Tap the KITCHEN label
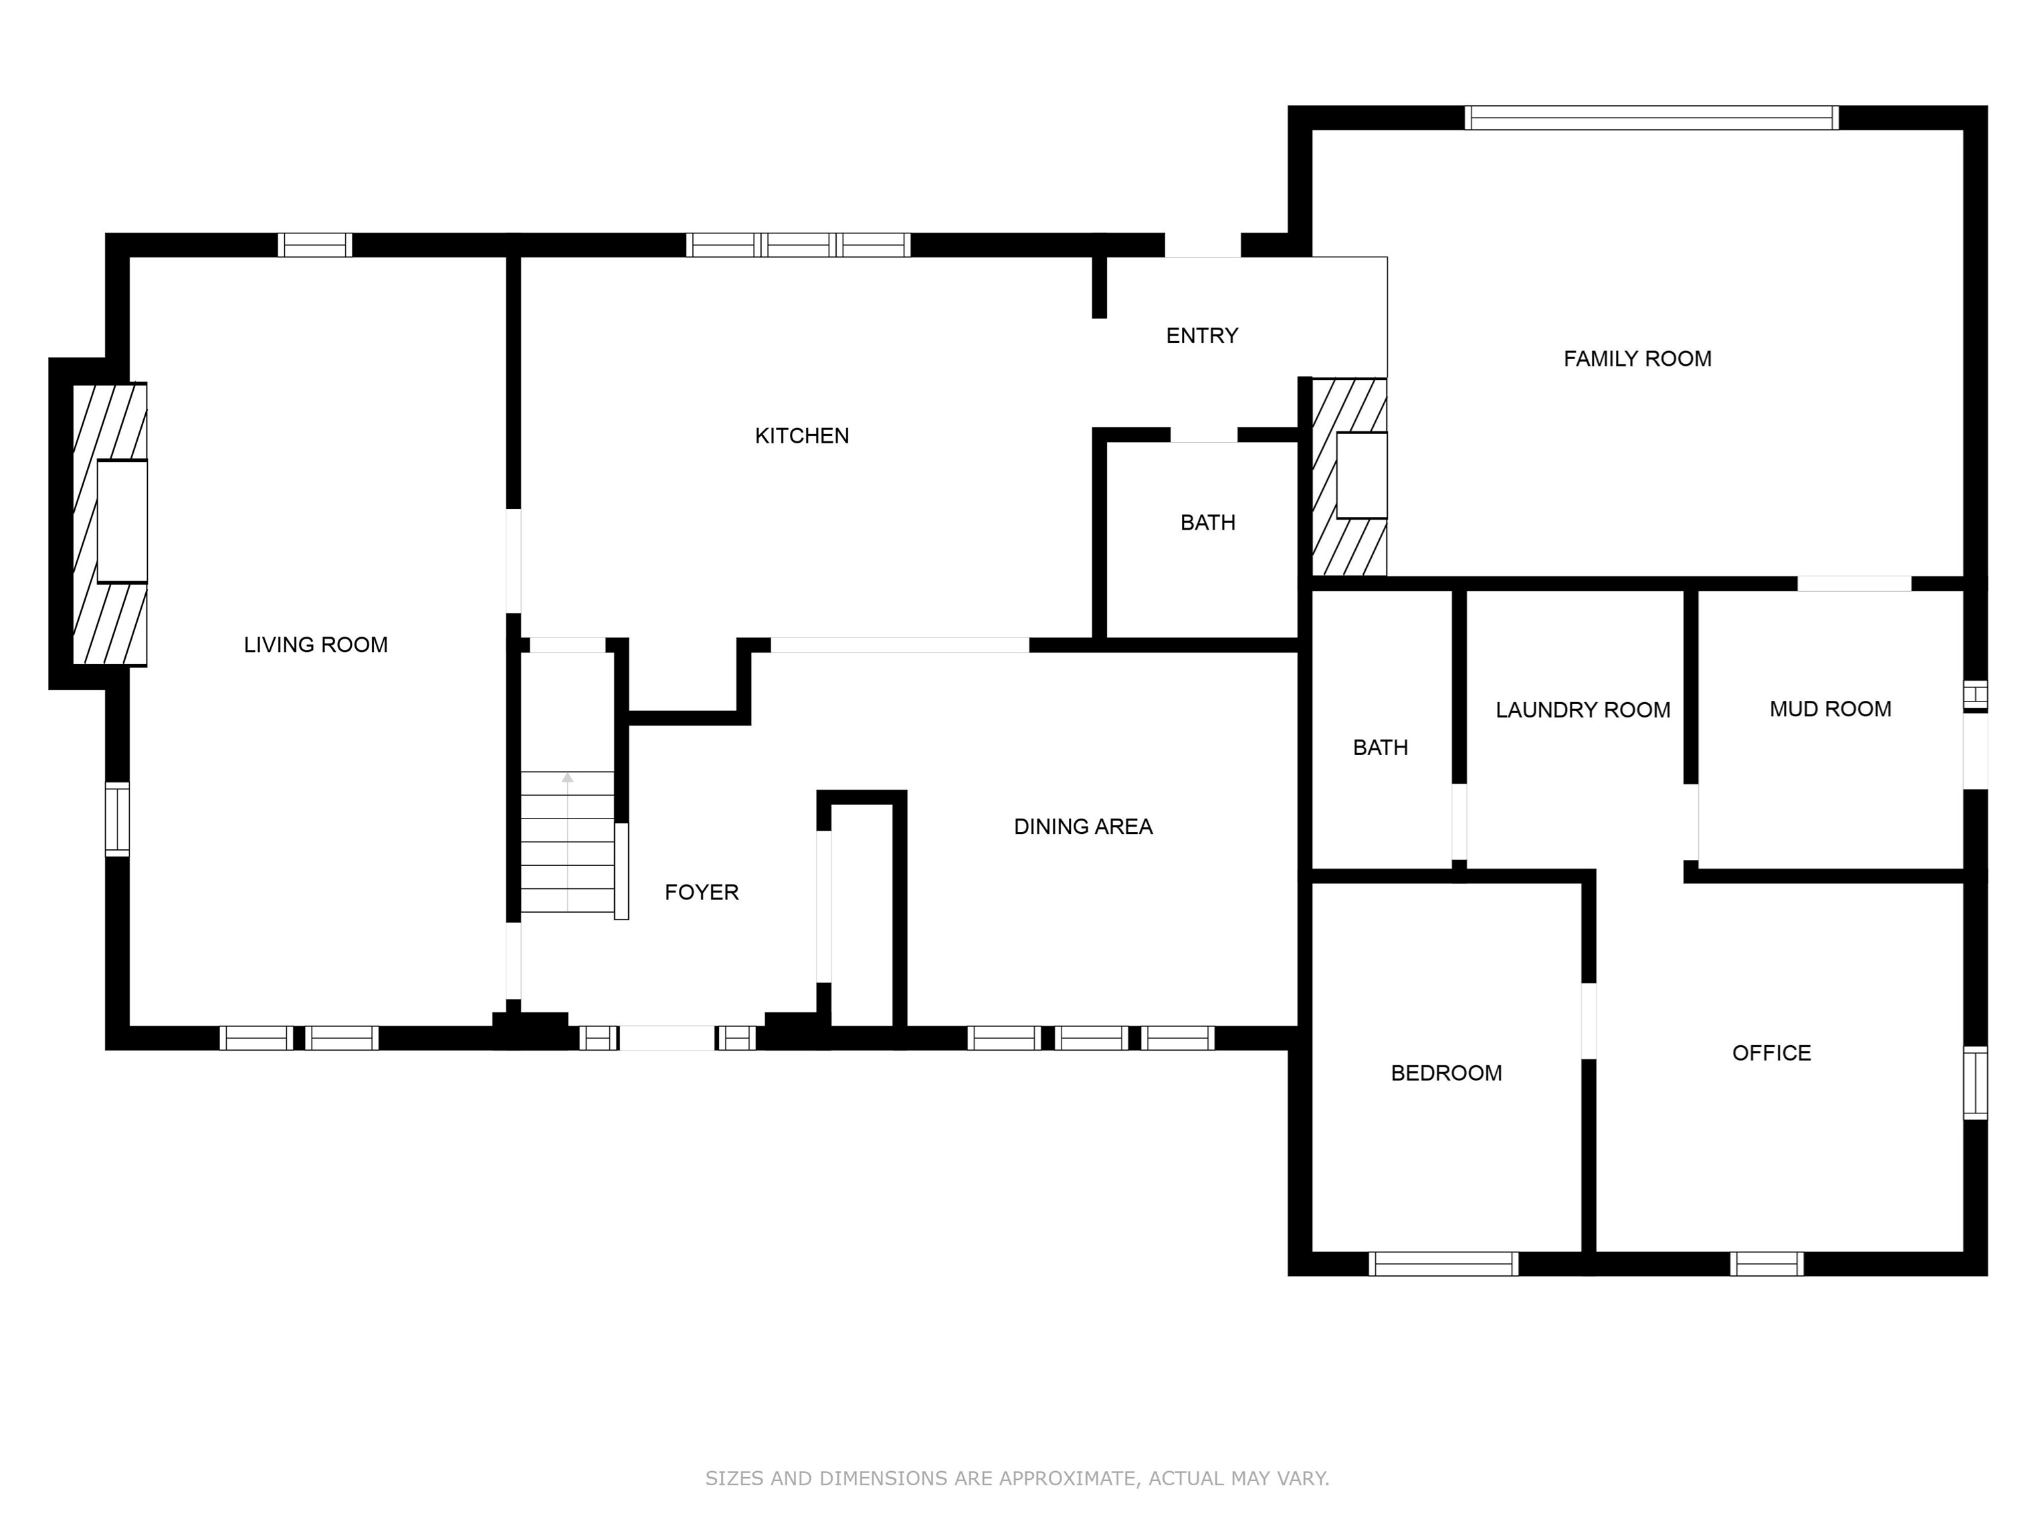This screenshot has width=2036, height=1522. [802, 436]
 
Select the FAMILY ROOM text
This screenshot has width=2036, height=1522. [1637, 359]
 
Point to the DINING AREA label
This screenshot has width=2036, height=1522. [1084, 827]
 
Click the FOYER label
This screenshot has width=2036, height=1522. [702, 891]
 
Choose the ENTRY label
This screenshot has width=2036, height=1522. [1202, 336]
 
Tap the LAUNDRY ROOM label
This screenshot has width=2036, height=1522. [1583, 710]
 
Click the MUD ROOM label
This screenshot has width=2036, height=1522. [1831, 710]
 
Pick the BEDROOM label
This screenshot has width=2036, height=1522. [1446, 1073]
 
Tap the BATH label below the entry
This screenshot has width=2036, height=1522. [1207, 523]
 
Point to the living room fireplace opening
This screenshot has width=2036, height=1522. [122, 522]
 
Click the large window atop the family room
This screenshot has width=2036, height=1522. [1652, 118]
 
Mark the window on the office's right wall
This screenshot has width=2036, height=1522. [1975, 1083]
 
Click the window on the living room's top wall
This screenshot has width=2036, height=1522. [315, 245]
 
